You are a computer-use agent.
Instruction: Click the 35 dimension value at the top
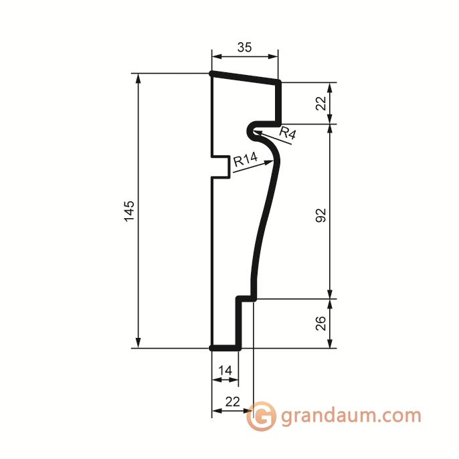coord(244,47)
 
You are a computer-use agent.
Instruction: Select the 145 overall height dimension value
coord(129,211)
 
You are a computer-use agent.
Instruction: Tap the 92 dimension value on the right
coord(321,215)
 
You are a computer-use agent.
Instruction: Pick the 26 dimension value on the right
coord(321,323)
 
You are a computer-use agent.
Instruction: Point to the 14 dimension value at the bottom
coord(225,371)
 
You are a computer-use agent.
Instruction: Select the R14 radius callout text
coord(246,159)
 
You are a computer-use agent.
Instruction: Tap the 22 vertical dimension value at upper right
coord(321,103)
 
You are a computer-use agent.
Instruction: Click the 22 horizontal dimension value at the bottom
coord(232,401)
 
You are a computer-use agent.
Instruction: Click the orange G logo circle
coord(260,416)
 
